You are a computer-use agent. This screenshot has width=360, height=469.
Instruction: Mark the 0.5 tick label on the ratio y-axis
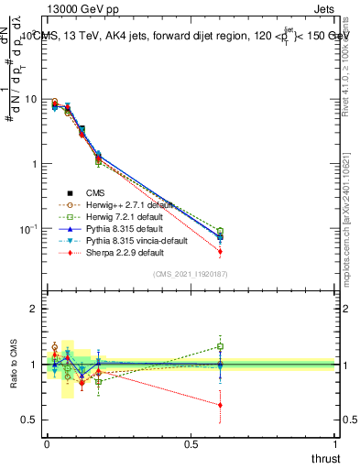click(x=29, y=420)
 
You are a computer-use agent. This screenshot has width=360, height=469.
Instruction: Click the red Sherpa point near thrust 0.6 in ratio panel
click(x=220, y=405)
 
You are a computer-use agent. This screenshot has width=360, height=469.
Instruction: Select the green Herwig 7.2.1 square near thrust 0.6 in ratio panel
click(x=220, y=346)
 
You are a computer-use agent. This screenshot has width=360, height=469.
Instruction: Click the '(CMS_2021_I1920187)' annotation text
click(x=190, y=274)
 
